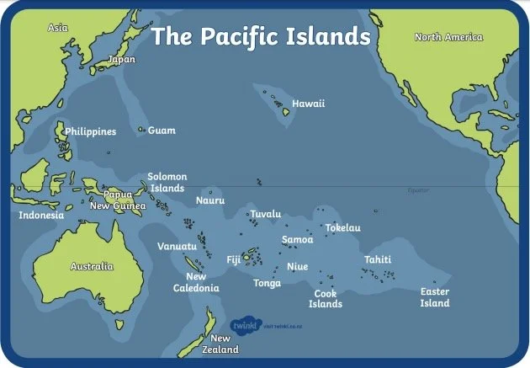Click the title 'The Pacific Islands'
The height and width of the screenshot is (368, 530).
tap(260, 37)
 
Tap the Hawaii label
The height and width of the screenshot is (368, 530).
tap(308, 104)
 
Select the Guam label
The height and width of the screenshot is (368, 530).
tap(162, 131)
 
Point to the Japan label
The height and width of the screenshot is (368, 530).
tap(120, 60)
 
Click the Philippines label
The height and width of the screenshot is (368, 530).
tap(90, 131)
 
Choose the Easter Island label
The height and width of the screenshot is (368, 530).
tap(435, 297)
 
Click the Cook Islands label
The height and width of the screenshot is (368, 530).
tap(326, 298)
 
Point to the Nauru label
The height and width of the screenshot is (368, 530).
tap(209, 200)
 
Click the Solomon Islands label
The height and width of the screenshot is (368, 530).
tap(167, 183)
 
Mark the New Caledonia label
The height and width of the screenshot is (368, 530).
tap(202, 282)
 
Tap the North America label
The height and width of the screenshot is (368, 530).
tap(449, 37)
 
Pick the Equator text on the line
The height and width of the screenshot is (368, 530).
tap(417, 190)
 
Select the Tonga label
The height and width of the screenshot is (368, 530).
tap(267, 283)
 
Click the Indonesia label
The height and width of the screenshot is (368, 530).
tap(41, 215)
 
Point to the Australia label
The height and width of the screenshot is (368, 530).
tap(91, 266)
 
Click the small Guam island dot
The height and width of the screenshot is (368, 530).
tap(140, 130)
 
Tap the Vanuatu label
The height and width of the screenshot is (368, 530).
tap(177, 246)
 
